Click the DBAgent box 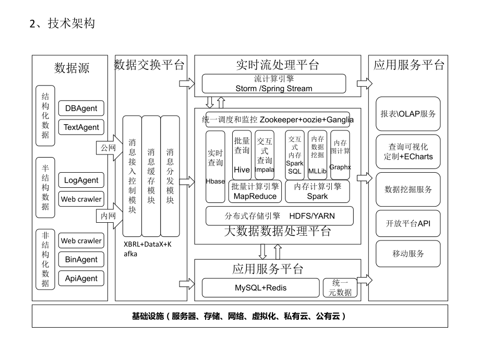pyautogui.click(x=81, y=109)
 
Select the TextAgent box pyautogui.click(x=81, y=127)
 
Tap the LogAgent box pyautogui.click(x=81, y=181)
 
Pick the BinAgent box pyautogui.click(x=81, y=259)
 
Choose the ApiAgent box pyautogui.click(x=81, y=278)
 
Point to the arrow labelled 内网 pyautogui.click(x=108, y=214)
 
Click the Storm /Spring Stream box pyautogui.click(x=274, y=83)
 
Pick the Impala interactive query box pyautogui.click(x=265, y=155)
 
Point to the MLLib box pyautogui.click(x=317, y=155)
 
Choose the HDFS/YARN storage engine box pyautogui.click(x=279, y=215)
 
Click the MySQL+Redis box pyautogui.click(x=260, y=287)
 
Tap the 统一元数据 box pyautogui.click(x=340, y=287)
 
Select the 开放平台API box pyautogui.click(x=408, y=223)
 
